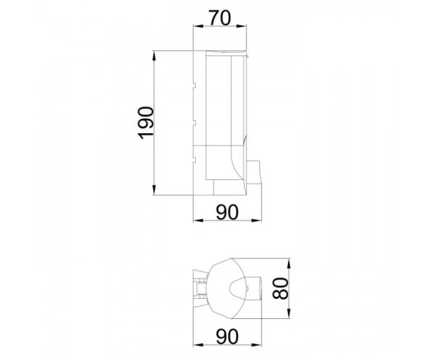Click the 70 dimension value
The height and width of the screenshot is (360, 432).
[x=220, y=18]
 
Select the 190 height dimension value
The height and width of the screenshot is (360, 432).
[x=146, y=123]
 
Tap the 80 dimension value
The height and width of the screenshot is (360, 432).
[x=280, y=288]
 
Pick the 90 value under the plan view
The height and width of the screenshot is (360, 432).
[x=227, y=337]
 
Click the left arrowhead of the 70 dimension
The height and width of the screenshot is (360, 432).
[x=198, y=26]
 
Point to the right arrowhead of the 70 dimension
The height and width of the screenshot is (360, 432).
[x=242, y=26]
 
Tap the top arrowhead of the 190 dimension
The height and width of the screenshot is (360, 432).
[x=154, y=56]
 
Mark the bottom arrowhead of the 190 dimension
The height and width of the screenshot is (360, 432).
[x=154, y=190]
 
